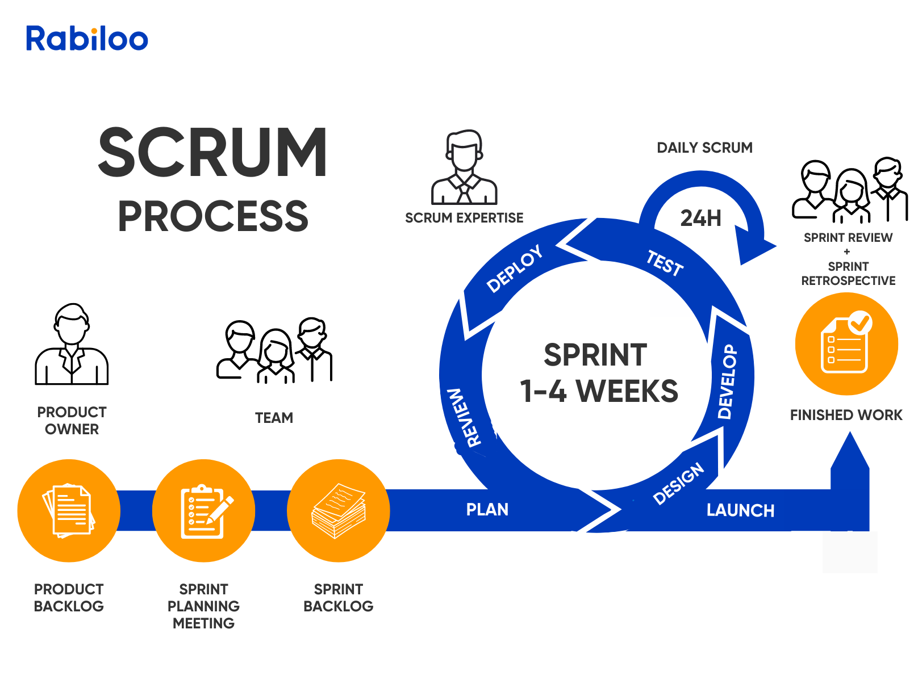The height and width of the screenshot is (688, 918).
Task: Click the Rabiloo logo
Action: [x=87, y=39]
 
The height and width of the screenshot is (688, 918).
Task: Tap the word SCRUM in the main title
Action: [x=212, y=153]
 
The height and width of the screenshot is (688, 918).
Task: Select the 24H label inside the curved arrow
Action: [x=700, y=219]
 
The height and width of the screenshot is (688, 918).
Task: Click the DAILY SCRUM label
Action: [x=704, y=148]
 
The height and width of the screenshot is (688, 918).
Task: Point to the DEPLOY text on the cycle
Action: [x=515, y=269]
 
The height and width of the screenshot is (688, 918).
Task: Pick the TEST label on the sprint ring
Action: [x=665, y=263]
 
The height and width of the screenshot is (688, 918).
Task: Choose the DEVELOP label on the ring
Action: [x=728, y=381]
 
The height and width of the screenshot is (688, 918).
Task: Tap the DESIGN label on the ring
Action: [x=679, y=484]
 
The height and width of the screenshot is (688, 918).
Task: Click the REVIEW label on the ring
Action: [x=465, y=418]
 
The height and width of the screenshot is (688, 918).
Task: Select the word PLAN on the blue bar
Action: [x=487, y=510]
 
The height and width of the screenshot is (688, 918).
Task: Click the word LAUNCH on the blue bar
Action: [x=740, y=511]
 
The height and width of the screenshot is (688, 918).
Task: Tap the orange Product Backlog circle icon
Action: [x=69, y=511]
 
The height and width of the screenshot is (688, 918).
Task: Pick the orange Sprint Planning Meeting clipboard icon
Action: [x=203, y=511]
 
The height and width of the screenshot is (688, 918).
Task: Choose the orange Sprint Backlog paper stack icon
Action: [x=339, y=511]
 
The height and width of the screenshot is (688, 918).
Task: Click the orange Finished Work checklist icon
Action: [x=846, y=344]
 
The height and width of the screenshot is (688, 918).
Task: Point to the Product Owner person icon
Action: [x=72, y=345]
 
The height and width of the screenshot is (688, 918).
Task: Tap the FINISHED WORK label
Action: [x=846, y=416]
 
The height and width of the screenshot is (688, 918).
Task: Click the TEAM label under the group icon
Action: [x=274, y=418]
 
